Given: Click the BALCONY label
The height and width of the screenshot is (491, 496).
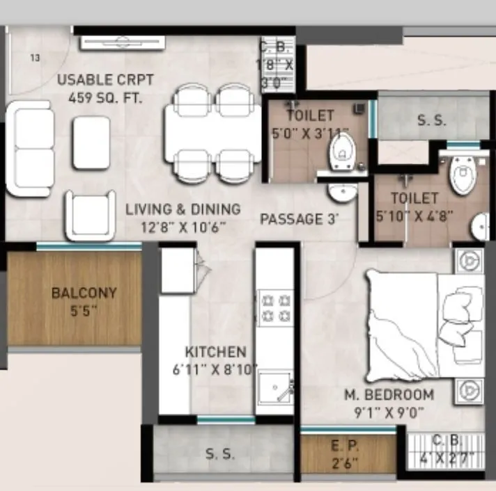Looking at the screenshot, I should pos(74,293).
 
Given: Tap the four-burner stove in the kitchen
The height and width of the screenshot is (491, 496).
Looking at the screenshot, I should pos(274,309).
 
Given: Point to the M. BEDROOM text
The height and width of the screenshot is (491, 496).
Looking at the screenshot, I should pos(389,395).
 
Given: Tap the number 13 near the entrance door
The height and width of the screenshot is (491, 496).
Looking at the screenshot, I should pos(34,58).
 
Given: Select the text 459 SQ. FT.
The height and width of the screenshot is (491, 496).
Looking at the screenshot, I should pos(105,97).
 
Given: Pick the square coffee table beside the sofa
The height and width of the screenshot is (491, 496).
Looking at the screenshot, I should pos(91,143).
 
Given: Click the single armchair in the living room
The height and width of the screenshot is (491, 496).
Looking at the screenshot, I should pos(91,215).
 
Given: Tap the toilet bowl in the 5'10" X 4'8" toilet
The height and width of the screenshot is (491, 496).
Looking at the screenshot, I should pos(461,175).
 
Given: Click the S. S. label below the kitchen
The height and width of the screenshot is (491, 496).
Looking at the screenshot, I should pos(220,454).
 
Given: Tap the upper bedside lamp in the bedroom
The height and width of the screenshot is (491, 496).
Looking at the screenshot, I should pos(469,260).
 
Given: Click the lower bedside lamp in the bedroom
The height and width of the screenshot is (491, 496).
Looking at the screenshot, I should pos(469,392).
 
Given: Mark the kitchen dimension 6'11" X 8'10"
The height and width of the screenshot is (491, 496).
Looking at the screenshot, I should pos(215,369).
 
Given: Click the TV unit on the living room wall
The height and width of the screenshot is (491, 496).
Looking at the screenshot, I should pos(122,43).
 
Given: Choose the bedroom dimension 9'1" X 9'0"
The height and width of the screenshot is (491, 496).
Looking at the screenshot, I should pos(389,414).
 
